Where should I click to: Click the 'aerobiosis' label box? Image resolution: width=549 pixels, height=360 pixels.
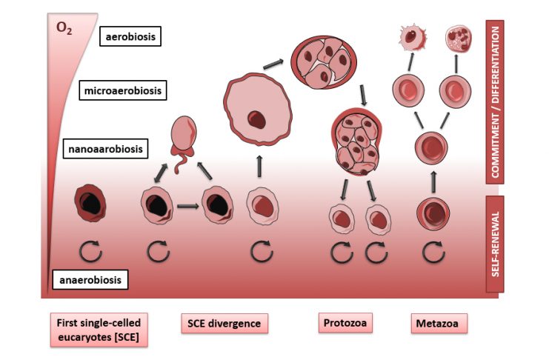point(130,36)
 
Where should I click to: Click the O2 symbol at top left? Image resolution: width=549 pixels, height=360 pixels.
point(64,30)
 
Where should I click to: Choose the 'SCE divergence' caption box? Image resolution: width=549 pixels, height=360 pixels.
point(224,324)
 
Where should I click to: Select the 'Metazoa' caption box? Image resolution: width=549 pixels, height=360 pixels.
point(439,324)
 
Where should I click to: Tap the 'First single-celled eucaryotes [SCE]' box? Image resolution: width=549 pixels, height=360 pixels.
point(99,330)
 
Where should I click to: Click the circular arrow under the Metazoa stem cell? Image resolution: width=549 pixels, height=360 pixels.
point(433,251)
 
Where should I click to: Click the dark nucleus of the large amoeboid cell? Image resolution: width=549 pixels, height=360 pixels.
point(256,118)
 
